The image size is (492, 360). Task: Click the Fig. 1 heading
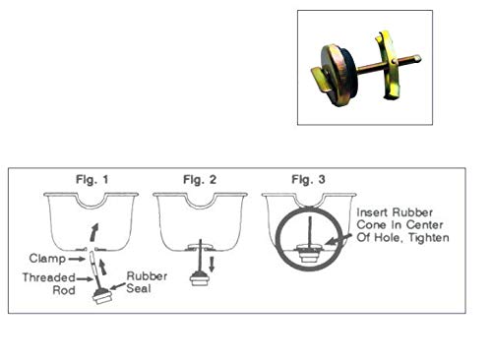[92, 179]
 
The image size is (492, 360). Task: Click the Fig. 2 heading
[200, 179]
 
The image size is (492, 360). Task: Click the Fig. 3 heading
[308, 179]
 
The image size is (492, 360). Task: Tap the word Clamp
[47, 259]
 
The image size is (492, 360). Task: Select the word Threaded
[49, 277]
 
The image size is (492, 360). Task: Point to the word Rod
[64, 290]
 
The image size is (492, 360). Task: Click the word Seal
[139, 288]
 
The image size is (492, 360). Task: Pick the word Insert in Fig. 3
[371, 212]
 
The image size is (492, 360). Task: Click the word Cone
[369, 225]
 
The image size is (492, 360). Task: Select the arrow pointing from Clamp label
[77, 259]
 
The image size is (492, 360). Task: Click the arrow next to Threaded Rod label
[85, 279]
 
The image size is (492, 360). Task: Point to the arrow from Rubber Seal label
[117, 286]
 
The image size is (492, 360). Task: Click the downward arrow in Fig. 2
[212, 264]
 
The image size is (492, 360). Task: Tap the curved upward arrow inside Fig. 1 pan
[94, 232]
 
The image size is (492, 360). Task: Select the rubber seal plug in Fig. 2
[200, 278]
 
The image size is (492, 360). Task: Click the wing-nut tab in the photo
[320, 78]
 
